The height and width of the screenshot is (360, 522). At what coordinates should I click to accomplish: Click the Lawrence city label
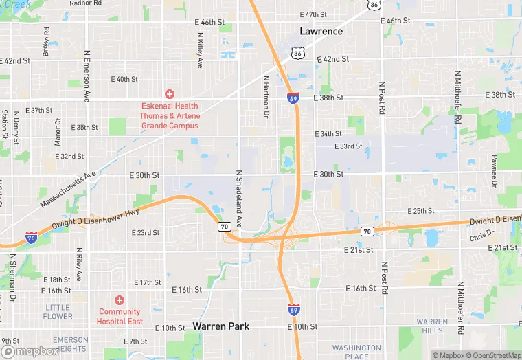(x=321, y=31)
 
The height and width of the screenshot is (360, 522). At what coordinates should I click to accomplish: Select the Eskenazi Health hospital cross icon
(x=169, y=93)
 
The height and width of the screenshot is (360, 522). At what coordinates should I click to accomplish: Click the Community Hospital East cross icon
(x=120, y=300)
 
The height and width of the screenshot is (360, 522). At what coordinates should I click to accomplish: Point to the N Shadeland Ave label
(x=240, y=199)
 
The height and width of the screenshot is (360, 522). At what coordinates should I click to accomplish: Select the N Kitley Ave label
(x=200, y=50)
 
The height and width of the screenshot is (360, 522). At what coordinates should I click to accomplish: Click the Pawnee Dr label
(x=494, y=170)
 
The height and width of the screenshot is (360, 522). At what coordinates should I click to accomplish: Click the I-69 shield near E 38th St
(x=293, y=98)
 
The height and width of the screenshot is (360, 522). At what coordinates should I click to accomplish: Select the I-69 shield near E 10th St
(x=293, y=309)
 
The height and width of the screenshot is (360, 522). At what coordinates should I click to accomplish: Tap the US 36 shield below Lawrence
(x=296, y=52)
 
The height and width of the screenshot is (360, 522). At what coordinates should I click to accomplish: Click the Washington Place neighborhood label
(x=356, y=352)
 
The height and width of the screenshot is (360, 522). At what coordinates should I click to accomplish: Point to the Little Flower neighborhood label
(x=58, y=312)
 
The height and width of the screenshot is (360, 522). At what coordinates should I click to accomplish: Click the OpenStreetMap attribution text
(x=495, y=355)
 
